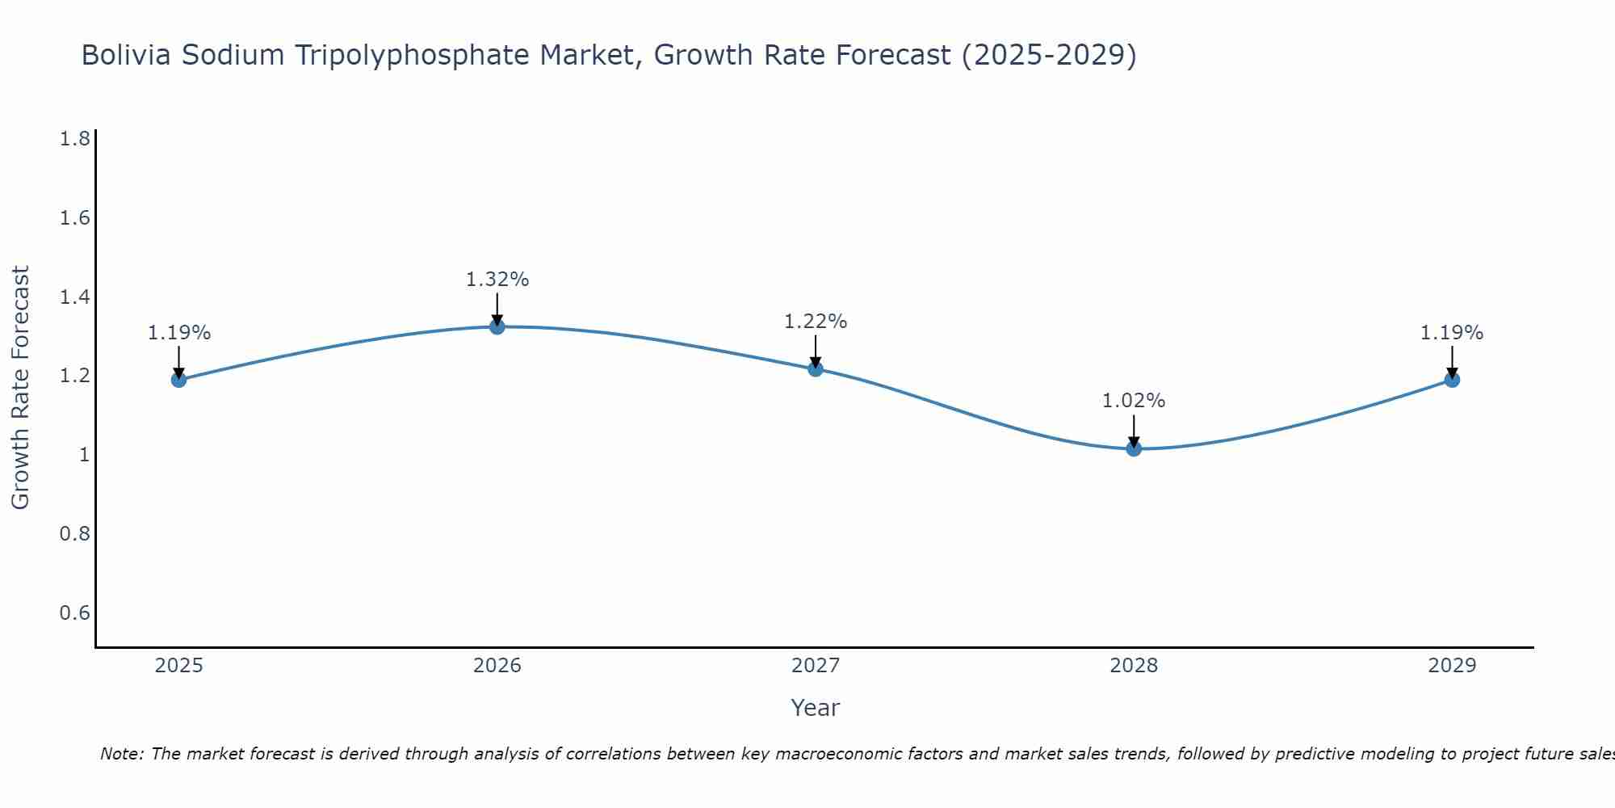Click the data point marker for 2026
497,326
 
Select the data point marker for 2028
1134,448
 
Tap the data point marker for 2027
816,369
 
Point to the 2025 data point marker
179,380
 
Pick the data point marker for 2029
1452,380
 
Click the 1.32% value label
497,280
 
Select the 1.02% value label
1134,401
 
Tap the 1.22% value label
816,322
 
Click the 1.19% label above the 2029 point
1452,333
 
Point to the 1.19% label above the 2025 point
179,333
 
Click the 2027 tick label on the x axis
816,666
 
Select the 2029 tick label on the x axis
1452,666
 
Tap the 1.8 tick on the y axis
75,140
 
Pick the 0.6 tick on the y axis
75,613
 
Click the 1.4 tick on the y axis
75,297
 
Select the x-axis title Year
816,708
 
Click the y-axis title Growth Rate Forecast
21,388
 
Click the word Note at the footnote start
121,754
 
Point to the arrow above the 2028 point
1134,430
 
